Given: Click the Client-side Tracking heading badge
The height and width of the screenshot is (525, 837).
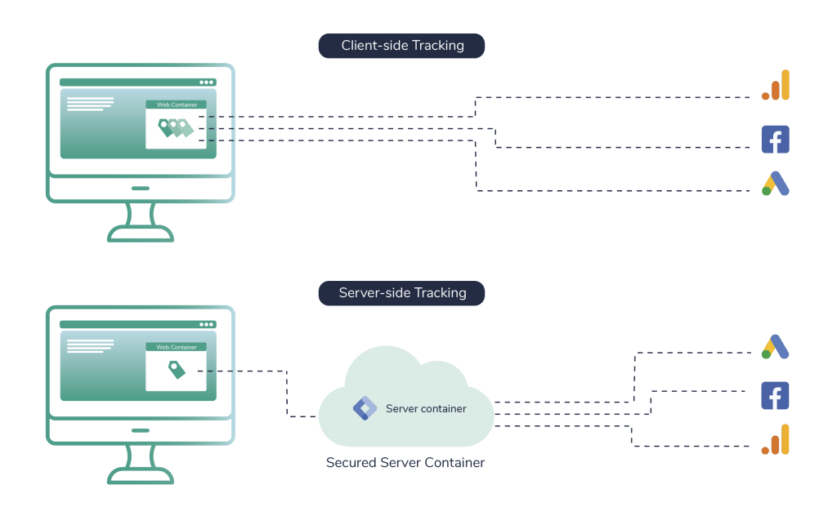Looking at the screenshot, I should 401,46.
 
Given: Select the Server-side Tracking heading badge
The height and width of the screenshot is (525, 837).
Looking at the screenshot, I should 401,293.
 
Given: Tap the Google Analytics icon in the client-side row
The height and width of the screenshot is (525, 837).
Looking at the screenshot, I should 776,86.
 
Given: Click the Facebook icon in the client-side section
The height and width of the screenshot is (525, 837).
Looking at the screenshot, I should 775,140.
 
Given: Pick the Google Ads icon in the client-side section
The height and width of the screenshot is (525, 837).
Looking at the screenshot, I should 775,185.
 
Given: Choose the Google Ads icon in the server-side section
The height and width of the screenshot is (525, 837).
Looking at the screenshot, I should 775,347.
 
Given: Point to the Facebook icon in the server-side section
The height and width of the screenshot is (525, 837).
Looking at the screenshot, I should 775,396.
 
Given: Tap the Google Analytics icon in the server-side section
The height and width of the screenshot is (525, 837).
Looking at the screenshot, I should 776,439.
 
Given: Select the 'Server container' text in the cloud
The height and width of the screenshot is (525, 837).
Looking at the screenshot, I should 426,408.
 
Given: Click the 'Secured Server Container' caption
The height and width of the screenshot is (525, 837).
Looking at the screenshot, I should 405,463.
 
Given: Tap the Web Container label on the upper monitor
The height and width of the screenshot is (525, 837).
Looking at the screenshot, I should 177,105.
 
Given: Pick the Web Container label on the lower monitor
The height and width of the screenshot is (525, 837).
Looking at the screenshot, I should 177,347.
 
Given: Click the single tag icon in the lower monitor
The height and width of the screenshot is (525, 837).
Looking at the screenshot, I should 177,370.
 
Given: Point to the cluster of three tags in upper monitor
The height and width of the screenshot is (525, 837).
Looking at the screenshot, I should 176,127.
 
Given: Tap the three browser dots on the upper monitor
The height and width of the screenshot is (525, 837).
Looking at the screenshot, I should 206,82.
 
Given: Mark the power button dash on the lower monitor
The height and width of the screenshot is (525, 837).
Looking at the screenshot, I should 141,430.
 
